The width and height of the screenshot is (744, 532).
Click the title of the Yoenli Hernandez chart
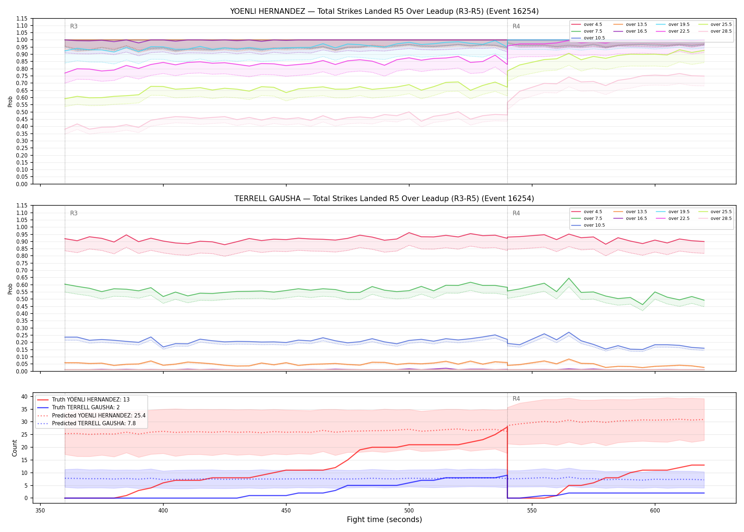click(x=384, y=11)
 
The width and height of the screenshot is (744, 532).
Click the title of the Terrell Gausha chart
click(x=384, y=199)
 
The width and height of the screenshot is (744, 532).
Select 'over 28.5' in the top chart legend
click(x=721, y=31)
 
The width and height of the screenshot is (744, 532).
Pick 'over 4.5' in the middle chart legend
click(x=593, y=212)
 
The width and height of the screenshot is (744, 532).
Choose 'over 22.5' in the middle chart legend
click(x=679, y=218)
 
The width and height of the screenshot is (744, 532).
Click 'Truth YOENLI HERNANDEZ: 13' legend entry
click(x=91, y=400)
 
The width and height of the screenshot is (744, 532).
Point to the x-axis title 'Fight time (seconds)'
click(x=384, y=520)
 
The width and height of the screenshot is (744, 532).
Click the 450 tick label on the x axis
click(x=286, y=510)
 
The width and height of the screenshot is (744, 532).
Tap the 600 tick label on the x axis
click(x=655, y=510)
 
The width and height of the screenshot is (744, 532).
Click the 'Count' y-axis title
click(x=15, y=448)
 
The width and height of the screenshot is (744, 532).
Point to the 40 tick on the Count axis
click(x=25, y=397)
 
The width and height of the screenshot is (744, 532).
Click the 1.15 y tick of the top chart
click(x=22, y=18)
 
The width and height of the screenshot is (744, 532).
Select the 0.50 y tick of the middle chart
click(x=22, y=299)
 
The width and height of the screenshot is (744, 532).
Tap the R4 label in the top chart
click(x=516, y=26)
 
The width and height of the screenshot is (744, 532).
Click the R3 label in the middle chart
click(x=74, y=213)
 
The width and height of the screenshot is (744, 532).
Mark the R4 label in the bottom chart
click(x=516, y=399)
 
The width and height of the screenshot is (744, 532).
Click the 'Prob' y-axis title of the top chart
click(x=10, y=101)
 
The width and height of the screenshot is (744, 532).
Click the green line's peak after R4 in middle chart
click(x=569, y=278)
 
